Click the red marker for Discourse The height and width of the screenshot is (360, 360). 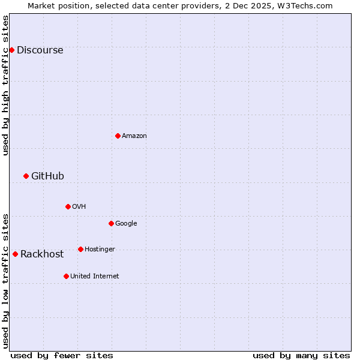click(11, 50)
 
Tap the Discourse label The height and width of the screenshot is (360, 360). click(40, 50)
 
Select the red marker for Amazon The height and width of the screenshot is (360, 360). click(118, 136)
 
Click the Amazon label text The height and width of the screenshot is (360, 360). click(134, 136)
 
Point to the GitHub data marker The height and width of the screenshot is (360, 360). click(26, 176)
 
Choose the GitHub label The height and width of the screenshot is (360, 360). click(47, 176)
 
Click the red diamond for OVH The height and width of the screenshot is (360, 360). click(68, 206)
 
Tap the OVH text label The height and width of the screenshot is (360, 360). click(79, 207)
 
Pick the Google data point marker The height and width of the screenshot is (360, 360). click(111, 223)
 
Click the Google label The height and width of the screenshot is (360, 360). click(126, 224)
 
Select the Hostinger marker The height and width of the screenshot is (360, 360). click(80, 249)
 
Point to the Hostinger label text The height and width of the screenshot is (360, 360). click(100, 250)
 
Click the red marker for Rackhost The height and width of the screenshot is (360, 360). click(15, 254)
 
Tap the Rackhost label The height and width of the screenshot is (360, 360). click(42, 254)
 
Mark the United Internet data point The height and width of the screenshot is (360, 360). click(66, 276)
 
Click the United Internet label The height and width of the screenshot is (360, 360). click(94, 277)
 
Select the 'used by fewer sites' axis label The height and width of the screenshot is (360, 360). click(62, 355)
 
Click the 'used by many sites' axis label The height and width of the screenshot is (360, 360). click(301, 355)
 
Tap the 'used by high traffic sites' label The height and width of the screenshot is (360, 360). click(5, 85)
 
